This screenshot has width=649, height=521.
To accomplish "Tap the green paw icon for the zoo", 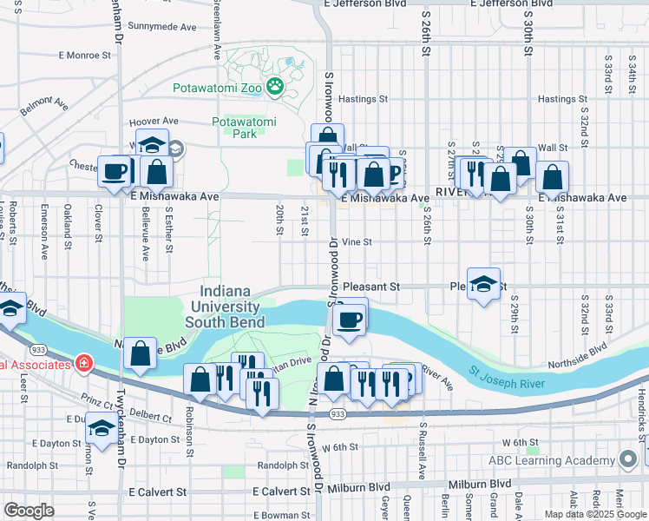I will [275, 85].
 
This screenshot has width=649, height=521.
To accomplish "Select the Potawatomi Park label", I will [245, 128].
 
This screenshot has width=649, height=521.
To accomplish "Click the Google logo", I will [29, 510].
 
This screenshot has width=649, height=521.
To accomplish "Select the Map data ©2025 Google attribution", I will [594, 514].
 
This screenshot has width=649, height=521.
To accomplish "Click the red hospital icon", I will [84, 363].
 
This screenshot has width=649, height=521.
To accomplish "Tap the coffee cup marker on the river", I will [350, 319].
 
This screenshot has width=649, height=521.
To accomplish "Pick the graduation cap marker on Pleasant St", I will [484, 283].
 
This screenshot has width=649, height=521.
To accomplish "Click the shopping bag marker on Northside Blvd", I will [140, 353].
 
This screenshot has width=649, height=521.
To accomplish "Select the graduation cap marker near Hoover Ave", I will [153, 145].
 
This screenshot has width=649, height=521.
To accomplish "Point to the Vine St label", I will [357, 242].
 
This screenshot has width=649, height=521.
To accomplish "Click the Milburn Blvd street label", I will [475, 485].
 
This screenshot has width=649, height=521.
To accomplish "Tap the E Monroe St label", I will [85, 55].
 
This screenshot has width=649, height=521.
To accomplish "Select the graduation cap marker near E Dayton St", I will [102, 430].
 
